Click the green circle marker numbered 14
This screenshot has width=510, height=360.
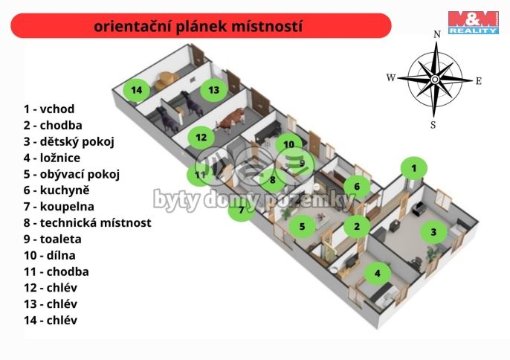click(x=136, y=90)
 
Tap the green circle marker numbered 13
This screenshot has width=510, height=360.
click(x=213, y=90)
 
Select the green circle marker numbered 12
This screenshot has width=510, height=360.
click(x=201, y=137)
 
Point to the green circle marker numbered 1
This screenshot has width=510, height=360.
click(x=414, y=169)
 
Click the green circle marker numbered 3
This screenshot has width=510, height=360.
click(x=433, y=231)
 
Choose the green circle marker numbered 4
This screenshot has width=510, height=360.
click(x=378, y=273)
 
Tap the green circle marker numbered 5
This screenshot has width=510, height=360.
click(x=302, y=225)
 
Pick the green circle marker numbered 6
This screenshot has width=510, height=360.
click(x=357, y=186)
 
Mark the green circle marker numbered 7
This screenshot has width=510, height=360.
click(x=240, y=210)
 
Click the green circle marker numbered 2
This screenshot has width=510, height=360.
click(x=357, y=226)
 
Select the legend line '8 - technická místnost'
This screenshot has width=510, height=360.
click(x=87, y=222)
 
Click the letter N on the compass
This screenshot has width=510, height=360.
click(x=436, y=33)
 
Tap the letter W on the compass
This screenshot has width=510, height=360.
click(x=391, y=77)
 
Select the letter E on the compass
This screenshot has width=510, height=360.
click(x=479, y=80)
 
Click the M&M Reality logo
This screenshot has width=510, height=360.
click(x=473, y=22)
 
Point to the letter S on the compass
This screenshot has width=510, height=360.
click(x=433, y=124)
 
